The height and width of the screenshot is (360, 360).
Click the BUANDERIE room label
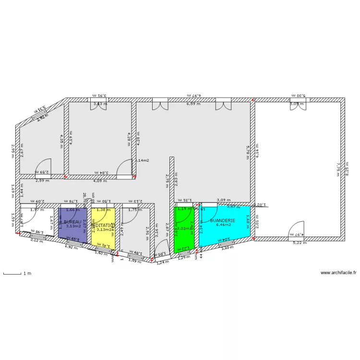point(222,220)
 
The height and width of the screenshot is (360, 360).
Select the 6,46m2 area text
point(223,225)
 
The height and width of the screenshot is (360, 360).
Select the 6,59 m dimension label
point(193,104)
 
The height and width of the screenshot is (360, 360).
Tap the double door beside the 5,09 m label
point(298,105)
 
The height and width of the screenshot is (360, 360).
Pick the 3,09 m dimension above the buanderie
point(224,200)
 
